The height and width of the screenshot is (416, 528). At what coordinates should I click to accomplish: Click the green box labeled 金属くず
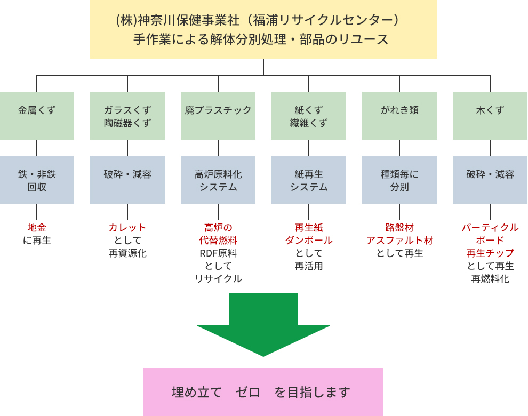[37, 115]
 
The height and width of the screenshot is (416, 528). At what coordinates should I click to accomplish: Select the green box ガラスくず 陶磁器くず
[127, 115]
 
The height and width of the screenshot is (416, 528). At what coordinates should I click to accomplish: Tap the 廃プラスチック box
[218, 115]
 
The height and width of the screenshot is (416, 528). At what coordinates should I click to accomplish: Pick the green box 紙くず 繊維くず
[309, 115]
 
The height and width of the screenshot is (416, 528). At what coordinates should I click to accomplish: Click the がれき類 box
[399, 115]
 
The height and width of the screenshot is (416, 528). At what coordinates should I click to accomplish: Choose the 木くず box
[490, 115]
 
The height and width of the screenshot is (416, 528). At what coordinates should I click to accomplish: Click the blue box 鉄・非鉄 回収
[37, 180]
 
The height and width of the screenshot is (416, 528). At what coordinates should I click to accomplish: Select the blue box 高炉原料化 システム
[218, 180]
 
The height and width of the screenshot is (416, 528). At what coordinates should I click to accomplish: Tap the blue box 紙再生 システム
[309, 180]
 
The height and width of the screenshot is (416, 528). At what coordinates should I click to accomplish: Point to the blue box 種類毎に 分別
[399, 180]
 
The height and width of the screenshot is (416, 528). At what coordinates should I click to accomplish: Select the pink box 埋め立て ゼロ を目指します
[263, 392]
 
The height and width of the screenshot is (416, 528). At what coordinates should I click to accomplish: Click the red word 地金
[37, 228]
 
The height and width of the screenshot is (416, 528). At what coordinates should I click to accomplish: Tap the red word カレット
[127, 228]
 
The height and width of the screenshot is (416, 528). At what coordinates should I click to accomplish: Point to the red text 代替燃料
[218, 241]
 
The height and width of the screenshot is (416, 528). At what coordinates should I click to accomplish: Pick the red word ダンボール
[309, 241]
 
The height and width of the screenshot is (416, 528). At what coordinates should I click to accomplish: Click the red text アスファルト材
[399, 241]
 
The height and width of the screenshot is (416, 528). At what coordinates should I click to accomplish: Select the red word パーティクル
[490, 228]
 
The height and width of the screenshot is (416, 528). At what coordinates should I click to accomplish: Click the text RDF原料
[218, 253]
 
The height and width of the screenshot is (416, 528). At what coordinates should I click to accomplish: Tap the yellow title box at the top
[263, 29]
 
